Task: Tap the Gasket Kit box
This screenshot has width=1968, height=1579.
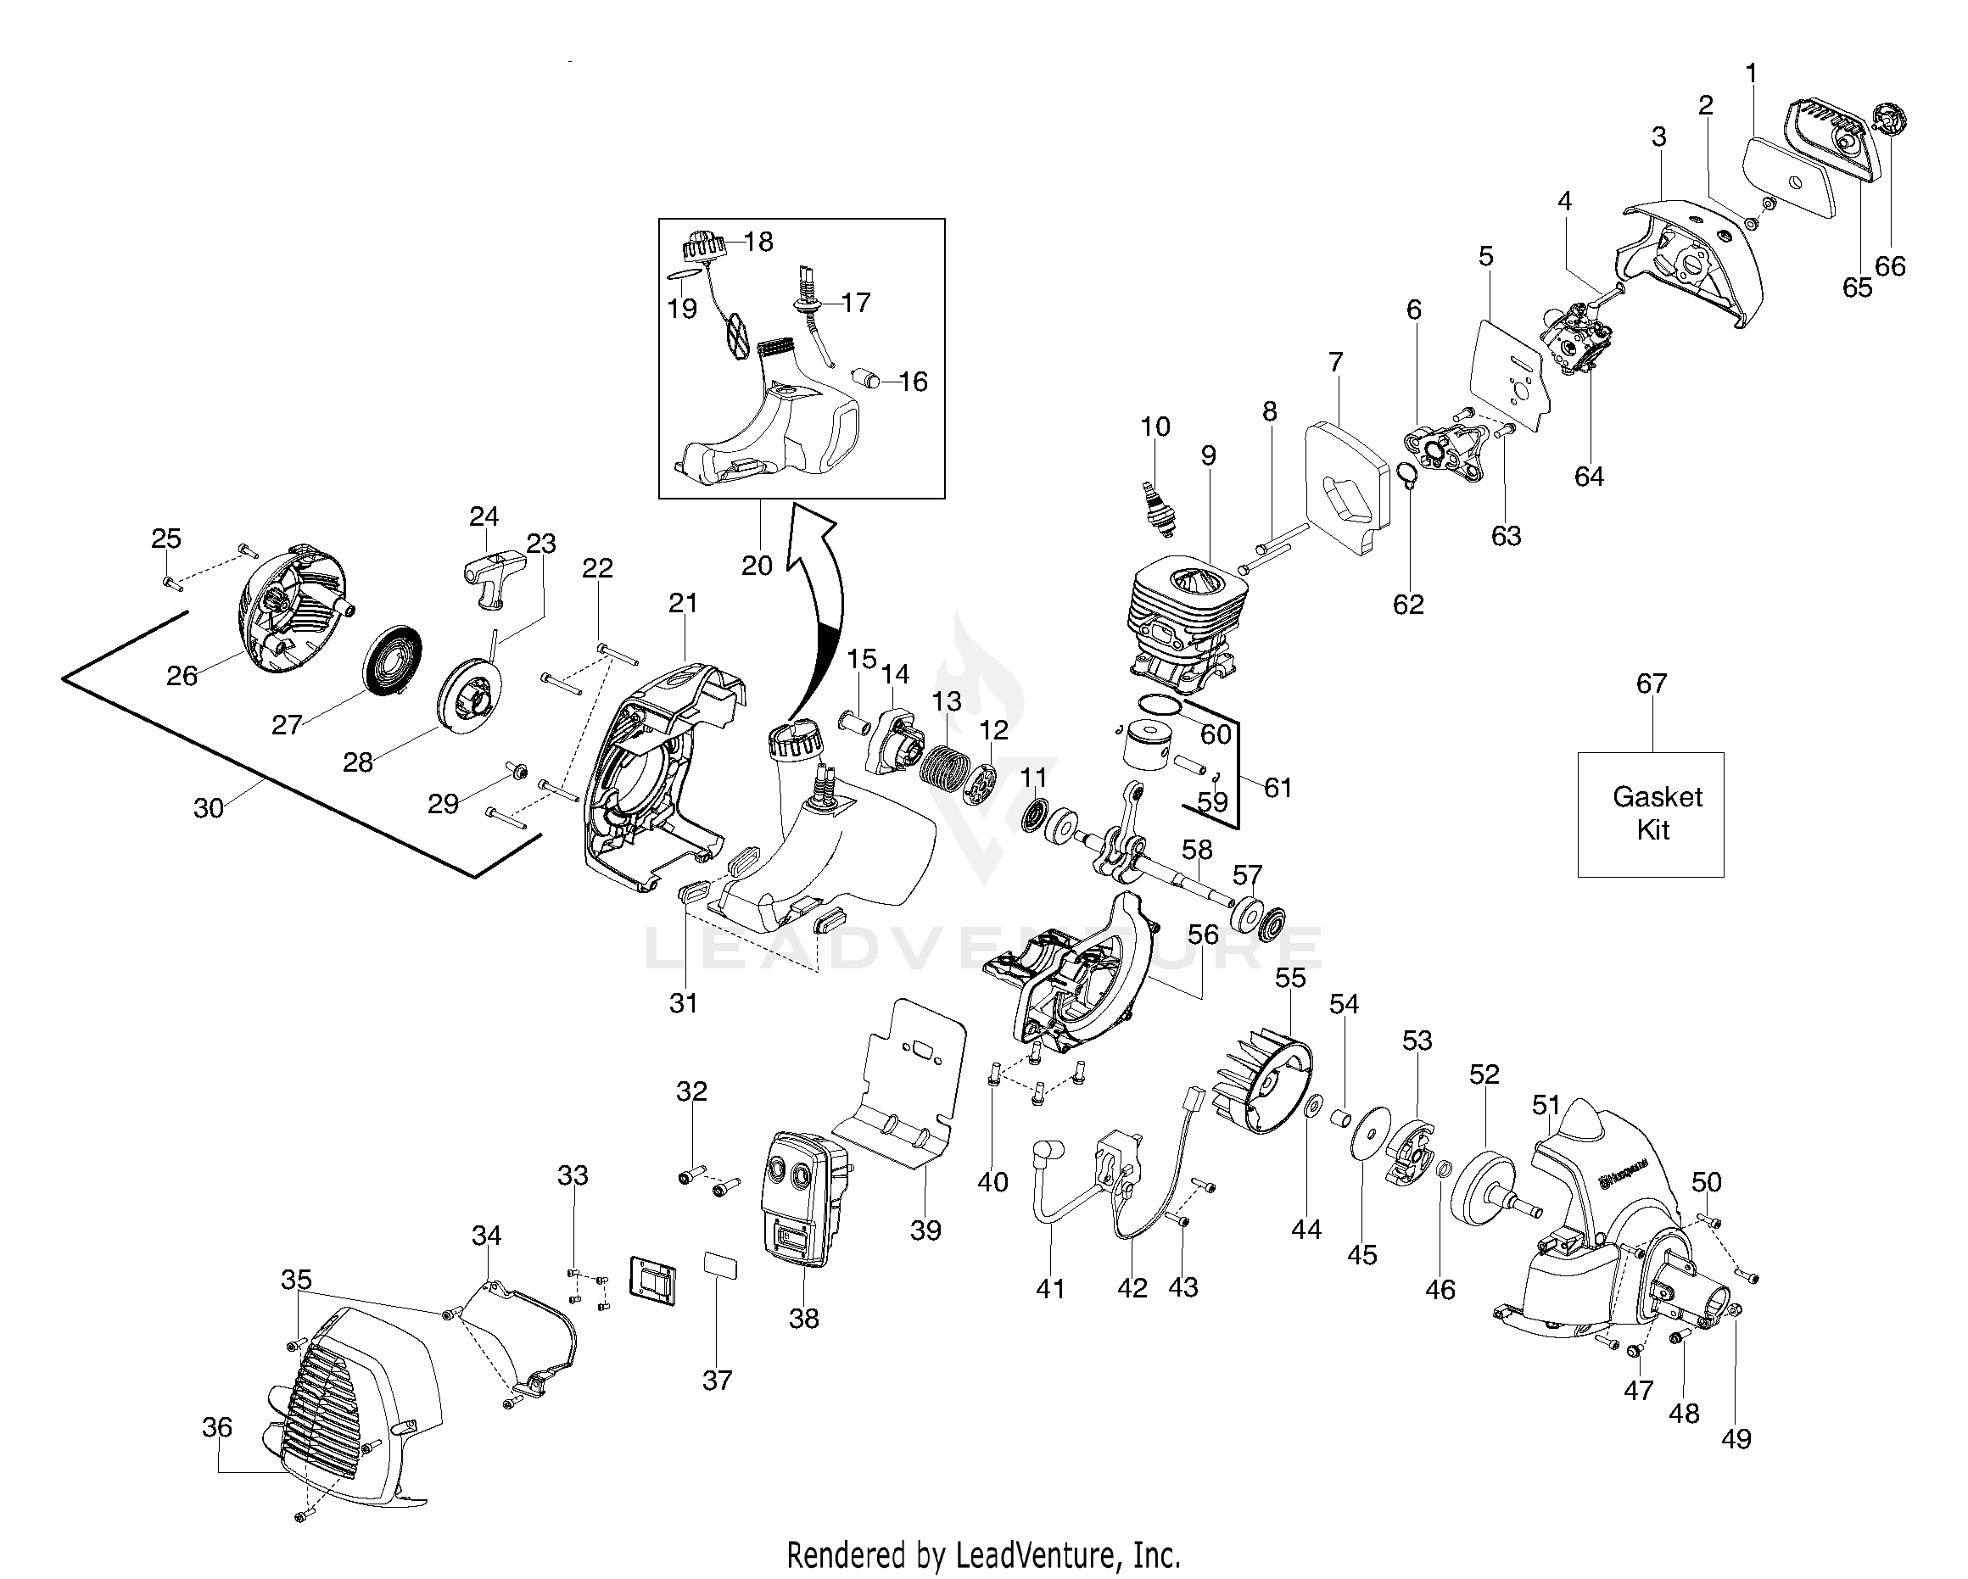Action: point(1651,814)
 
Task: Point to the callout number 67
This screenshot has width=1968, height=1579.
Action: point(1652,683)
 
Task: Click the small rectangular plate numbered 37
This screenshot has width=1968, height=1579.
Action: point(720,1267)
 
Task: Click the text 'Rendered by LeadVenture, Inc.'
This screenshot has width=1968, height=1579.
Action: point(983,1554)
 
